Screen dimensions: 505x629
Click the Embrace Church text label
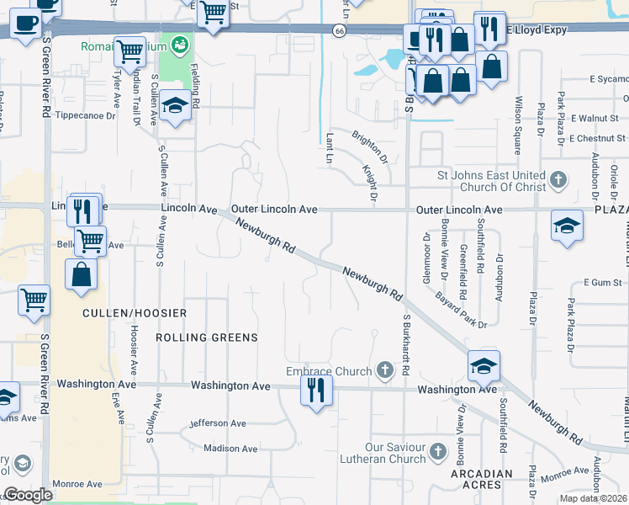(329, 371)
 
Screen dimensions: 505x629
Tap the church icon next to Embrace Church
(385, 370)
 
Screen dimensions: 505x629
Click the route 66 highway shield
(338, 30)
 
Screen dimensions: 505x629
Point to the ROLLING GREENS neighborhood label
(206, 338)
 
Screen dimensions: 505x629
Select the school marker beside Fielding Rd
(174, 106)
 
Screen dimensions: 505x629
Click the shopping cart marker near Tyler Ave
(129, 51)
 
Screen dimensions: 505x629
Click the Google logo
(27, 495)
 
